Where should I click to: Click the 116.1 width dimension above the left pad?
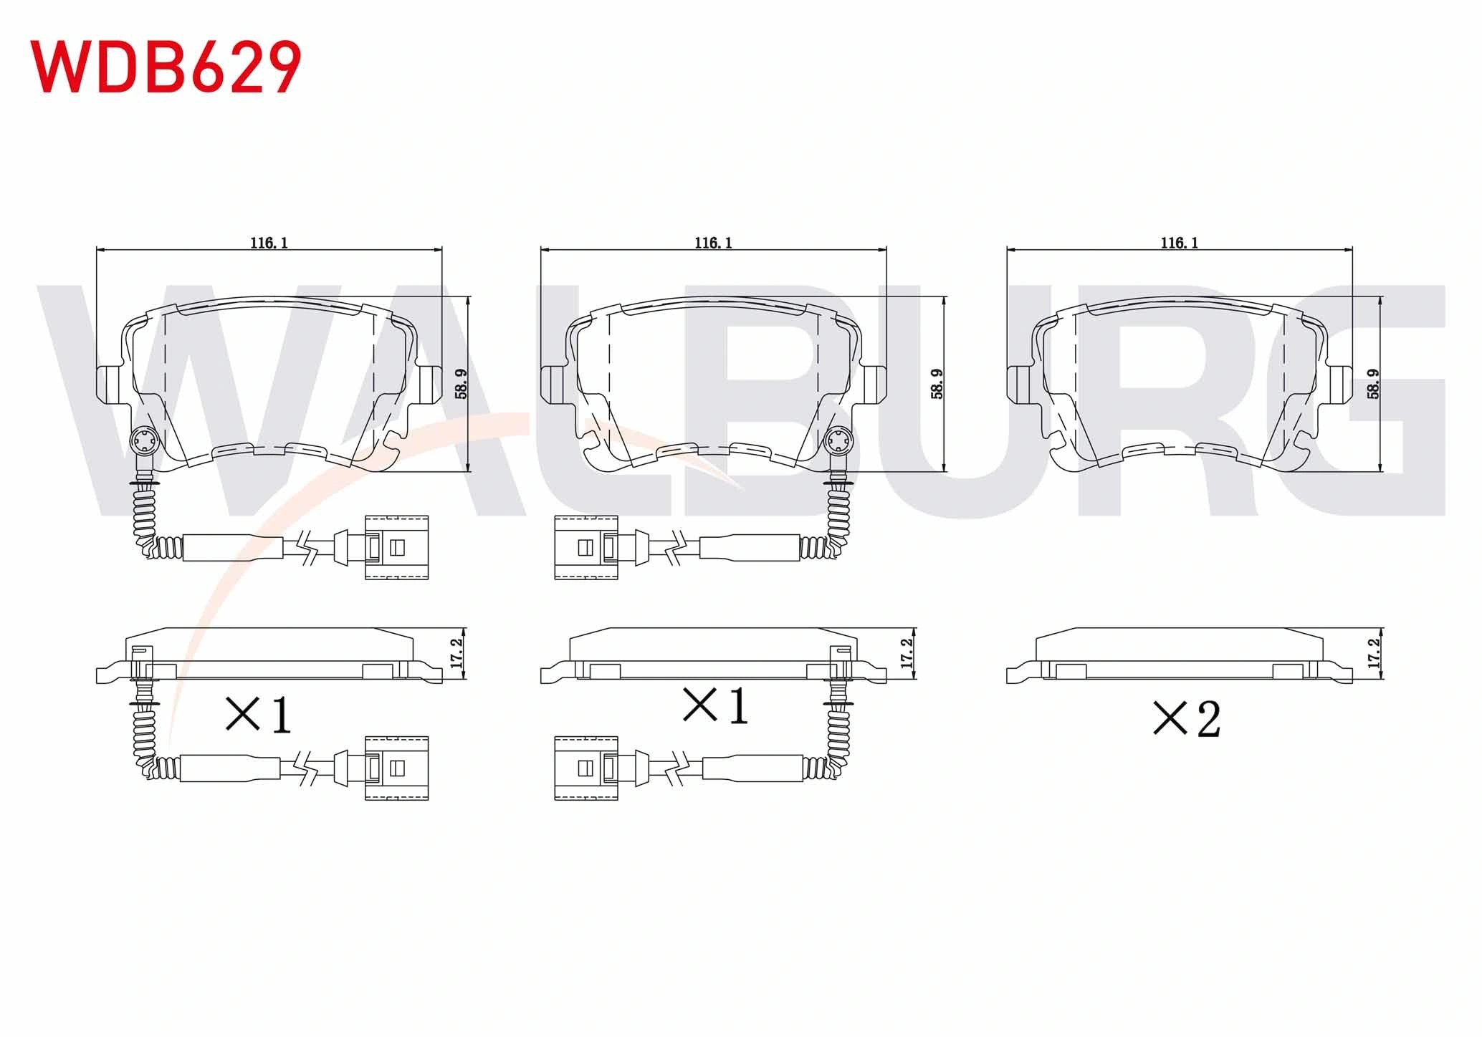coord(269,243)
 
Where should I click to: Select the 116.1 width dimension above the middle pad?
coord(713,243)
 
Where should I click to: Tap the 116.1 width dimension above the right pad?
coord(1180,243)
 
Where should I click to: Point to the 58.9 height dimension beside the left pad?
coord(461,384)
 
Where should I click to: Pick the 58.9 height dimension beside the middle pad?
coord(937,384)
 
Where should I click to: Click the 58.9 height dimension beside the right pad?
coord(1373,384)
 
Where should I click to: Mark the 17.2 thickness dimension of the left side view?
coord(457,653)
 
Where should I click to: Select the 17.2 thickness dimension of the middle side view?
coord(907,653)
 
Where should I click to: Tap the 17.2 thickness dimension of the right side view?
coord(1374,653)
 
